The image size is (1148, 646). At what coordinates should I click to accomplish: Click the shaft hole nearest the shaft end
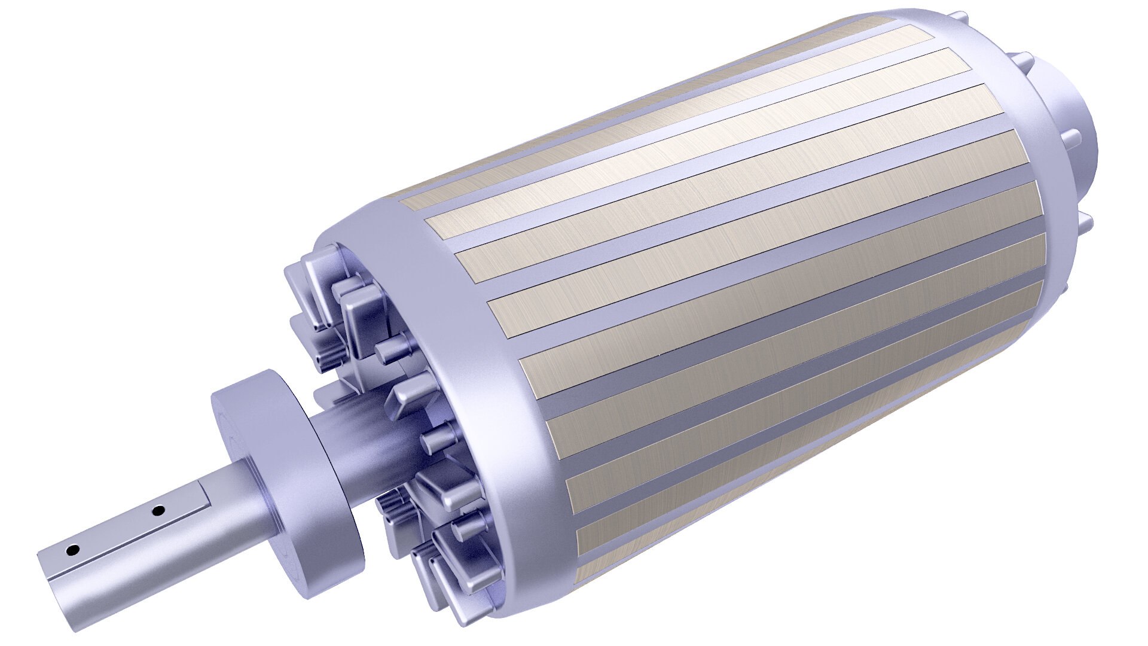click(x=73, y=550)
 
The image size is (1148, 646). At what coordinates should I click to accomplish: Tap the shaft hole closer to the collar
click(x=158, y=511)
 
